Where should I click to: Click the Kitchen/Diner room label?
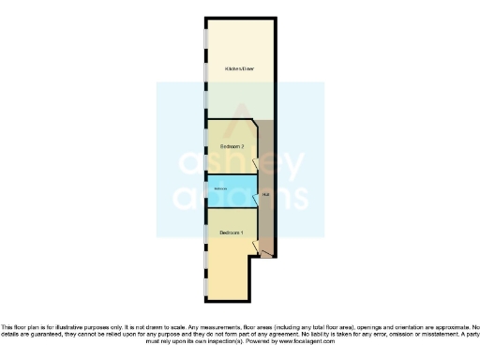point(240,70)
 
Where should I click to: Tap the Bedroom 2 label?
point(232,147)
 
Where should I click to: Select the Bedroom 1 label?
point(232,232)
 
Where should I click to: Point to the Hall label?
point(267,195)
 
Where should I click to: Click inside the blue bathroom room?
point(234,197)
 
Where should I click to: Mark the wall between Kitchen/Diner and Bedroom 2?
point(229,119)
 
